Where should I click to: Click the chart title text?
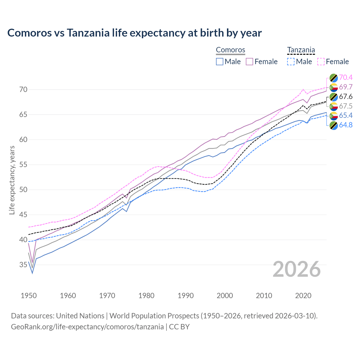point(134,33)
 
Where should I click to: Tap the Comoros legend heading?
point(230,50)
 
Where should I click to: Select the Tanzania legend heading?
point(301,50)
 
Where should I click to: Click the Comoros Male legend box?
point(220,62)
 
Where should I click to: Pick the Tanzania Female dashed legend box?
point(321,62)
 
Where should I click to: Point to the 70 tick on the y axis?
point(23,90)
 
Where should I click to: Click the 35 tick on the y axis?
point(23,265)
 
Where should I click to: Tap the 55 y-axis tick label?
point(23,165)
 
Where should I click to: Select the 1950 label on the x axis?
point(29,296)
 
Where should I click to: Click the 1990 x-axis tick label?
point(186,296)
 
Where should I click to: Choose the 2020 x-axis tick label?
point(303,296)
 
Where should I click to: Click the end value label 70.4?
point(346,77)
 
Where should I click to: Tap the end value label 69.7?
point(346,87)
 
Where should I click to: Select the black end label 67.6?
point(346,97)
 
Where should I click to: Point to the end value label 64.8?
point(346,125)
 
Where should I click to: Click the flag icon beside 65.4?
point(334,116)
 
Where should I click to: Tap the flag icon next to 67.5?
point(334,106)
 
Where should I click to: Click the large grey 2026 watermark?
point(296,269)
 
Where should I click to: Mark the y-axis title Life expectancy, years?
point(12,180)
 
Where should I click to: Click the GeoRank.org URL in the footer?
point(87,327)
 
